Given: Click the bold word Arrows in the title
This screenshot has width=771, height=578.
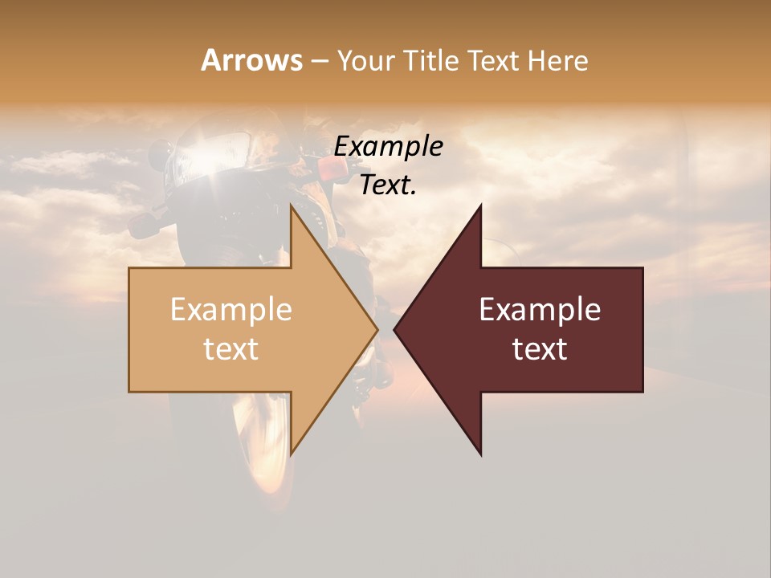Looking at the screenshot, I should [x=251, y=60].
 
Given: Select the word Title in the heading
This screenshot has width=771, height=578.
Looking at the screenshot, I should [x=430, y=60].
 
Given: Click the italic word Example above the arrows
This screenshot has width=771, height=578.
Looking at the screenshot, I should [x=389, y=147].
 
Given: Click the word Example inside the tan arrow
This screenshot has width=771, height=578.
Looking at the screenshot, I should [x=231, y=310].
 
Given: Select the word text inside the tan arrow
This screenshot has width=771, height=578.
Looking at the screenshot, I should [x=231, y=349].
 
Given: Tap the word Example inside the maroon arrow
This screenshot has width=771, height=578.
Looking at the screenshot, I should [x=540, y=310].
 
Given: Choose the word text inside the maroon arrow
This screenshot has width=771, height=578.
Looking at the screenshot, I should [x=540, y=349].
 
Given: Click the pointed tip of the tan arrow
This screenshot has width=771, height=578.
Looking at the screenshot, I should [x=377, y=329].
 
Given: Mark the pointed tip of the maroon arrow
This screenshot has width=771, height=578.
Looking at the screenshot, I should [x=394, y=329].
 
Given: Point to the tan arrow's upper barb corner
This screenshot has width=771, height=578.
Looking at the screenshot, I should [x=291, y=205].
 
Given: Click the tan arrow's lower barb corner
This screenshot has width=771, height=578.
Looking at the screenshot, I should [x=291, y=454].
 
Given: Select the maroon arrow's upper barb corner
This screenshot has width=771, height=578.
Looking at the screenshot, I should [x=481, y=205].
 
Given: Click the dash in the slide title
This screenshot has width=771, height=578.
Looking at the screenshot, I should [x=320, y=61].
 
